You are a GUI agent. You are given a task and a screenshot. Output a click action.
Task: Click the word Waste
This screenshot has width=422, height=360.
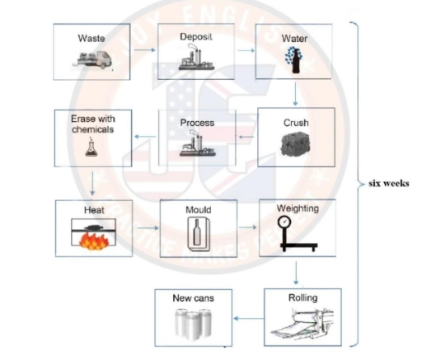[91, 39]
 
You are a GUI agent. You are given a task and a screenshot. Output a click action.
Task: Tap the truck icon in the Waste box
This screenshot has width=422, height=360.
[91, 59]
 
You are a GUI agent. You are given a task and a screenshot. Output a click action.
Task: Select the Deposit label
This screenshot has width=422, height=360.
[196, 38]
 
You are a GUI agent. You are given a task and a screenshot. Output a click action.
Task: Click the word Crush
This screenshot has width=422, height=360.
[296, 122]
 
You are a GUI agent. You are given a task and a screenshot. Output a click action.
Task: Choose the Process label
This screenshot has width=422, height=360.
[196, 123]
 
